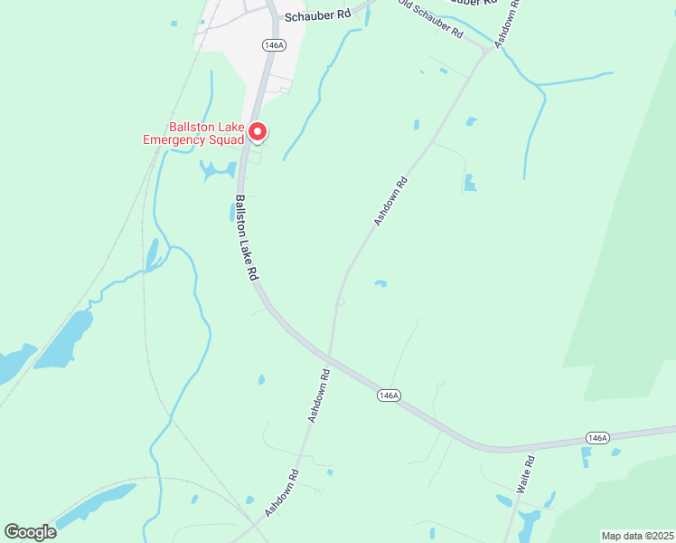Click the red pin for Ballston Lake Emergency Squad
click(x=257, y=132)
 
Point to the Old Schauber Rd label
click(x=430, y=18)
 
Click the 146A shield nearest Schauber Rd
click(x=274, y=44)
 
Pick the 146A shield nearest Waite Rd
click(x=596, y=437)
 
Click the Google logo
click(x=30, y=532)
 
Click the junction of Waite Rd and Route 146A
click(x=523, y=448)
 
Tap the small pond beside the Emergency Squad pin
click(x=217, y=169)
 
